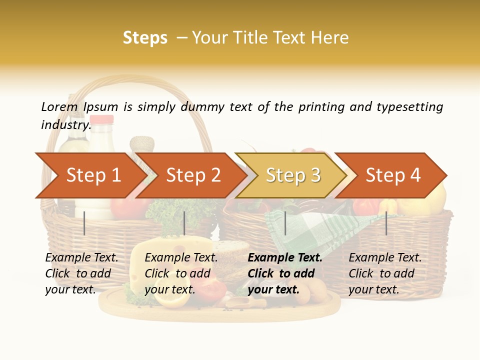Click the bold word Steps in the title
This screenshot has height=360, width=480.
pos(145,38)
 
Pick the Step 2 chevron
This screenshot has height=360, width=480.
pos(193,175)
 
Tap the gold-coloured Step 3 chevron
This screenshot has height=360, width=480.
pos(293,175)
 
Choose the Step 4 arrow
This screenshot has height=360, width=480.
pos(393,175)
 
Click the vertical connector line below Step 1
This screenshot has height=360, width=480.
pos(84,223)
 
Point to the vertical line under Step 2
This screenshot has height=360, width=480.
pos(184,223)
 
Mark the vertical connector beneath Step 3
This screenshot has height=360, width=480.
pos(285,223)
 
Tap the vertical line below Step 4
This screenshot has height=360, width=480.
pos(386,223)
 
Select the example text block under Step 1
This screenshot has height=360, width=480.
pos(81,273)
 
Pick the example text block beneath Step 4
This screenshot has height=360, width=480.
pos(385,273)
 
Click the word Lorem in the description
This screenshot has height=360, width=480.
pos(59,106)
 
